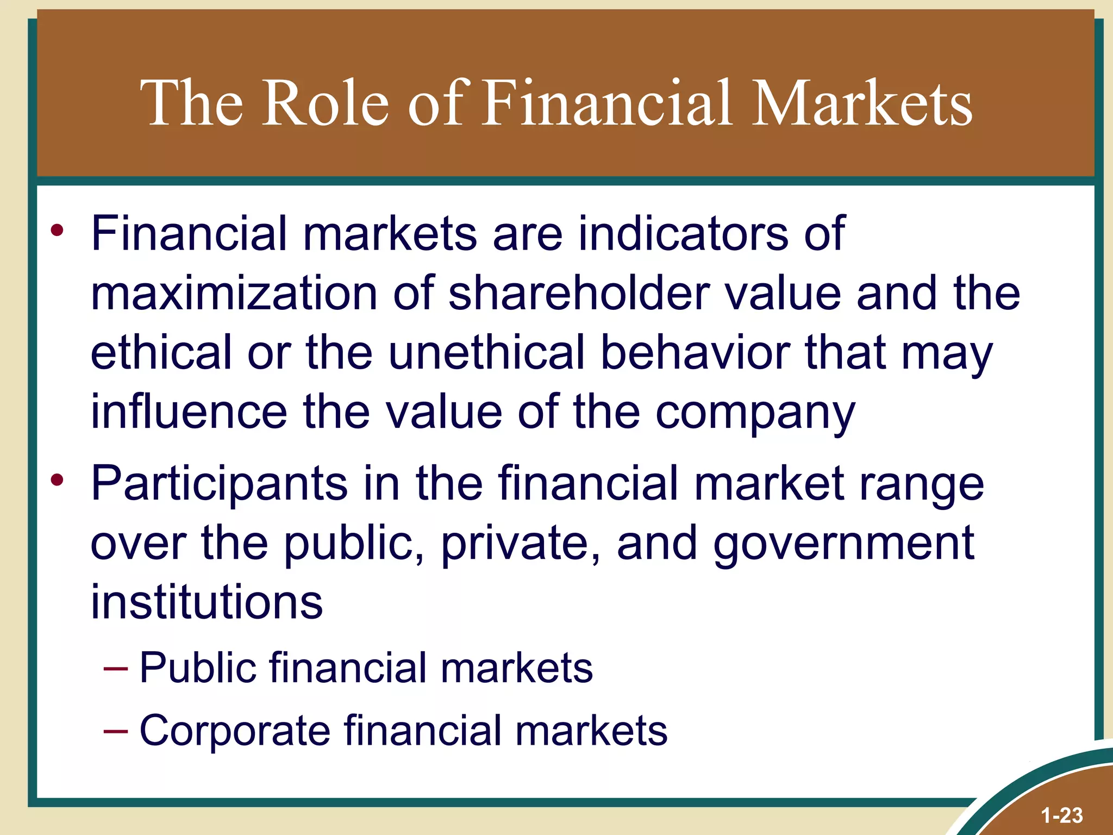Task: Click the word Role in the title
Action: (326, 103)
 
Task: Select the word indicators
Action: (683, 234)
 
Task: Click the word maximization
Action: (234, 294)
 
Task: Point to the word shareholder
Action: (579, 294)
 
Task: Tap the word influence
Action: (189, 412)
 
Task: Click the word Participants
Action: (219, 484)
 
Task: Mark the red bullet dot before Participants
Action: (57, 480)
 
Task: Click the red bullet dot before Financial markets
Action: (57, 230)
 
